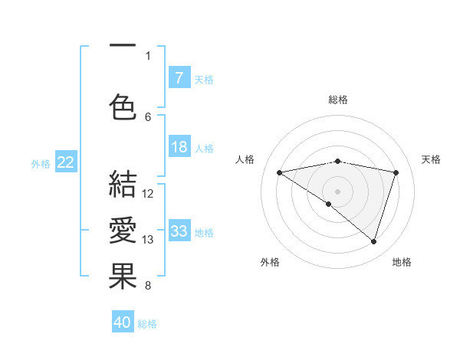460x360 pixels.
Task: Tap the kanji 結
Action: pos(123,185)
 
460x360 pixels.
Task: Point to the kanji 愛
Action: pos(123,231)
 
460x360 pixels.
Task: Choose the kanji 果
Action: pos(123,277)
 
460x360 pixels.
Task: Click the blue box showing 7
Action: pos(179,77)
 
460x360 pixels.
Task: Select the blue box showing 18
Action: pos(179,148)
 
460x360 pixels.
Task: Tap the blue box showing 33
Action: pos(179,231)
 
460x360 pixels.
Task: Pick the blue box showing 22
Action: pos(66,162)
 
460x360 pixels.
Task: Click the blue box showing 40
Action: pos(123,322)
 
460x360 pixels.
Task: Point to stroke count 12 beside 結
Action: pos(148,194)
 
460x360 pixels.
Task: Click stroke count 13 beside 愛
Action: pos(148,240)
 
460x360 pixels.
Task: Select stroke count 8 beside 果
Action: pos(148,286)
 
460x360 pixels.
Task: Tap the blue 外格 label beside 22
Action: pos(41,162)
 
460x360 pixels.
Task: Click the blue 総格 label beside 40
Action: pos(147,324)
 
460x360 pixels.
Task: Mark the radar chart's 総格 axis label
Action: pos(337,100)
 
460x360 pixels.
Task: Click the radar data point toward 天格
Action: pos(396,172)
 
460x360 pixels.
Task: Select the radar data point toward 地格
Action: pos(373,241)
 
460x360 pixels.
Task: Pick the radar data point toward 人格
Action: pos(279,172)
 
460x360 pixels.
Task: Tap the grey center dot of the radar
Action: pos(337,191)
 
